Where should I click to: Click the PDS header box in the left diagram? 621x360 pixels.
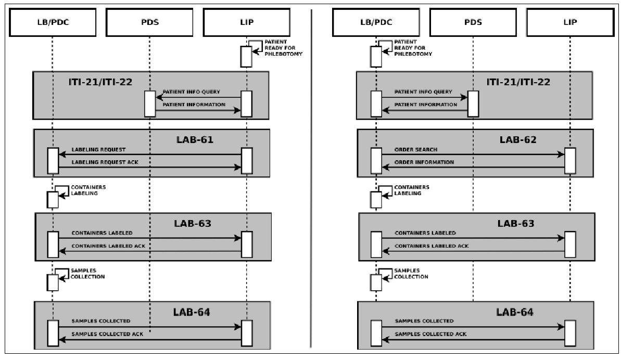pos(149,22)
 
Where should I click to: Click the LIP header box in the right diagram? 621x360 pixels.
pos(570,22)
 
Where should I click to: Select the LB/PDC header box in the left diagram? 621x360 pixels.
pos(53,22)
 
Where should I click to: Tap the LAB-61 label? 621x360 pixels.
pos(195,139)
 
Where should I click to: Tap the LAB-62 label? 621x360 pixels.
pos(518,139)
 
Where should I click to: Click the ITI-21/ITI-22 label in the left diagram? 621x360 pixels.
pos(100,82)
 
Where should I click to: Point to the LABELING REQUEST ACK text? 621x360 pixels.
pos(105,162)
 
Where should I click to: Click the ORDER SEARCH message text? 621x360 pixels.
pos(416,149)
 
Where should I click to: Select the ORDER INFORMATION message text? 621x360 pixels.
pos(424,162)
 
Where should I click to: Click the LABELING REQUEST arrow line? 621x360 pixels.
pos(150,155)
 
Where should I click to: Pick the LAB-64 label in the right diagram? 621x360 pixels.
pos(515,312)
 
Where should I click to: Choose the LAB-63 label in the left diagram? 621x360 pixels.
pos(193,224)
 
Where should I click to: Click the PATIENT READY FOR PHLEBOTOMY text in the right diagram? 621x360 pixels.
pos(413,48)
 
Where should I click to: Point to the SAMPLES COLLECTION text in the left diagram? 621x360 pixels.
pos(87,274)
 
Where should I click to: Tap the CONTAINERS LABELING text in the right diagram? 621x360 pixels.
pos(412,190)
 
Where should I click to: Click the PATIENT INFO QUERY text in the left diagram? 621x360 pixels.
pos(191,92)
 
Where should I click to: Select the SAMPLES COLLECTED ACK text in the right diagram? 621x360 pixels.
pos(430,335)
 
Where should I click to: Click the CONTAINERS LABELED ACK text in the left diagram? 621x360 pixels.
pos(108,246)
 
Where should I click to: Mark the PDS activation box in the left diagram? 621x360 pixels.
pos(150,104)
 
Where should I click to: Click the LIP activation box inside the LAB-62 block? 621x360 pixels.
pos(570,161)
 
